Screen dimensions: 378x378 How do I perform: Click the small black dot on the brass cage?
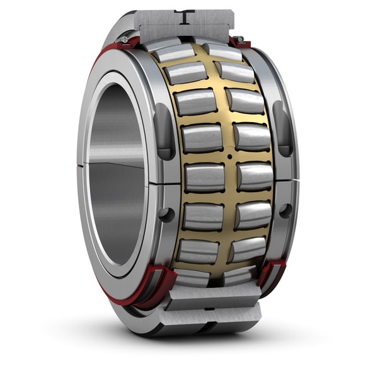[x=230, y=156]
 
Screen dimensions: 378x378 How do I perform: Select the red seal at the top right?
[x=239, y=43]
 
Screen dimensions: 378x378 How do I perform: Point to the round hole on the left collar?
[x=167, y=214]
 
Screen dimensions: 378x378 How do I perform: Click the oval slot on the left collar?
[x=163, y=131]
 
